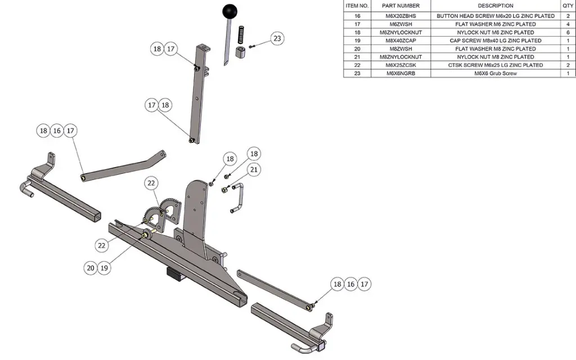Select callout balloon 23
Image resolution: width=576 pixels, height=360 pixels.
point(276,39)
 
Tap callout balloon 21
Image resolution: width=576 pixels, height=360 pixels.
point(254,169)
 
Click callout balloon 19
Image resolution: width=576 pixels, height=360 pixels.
point(104,268)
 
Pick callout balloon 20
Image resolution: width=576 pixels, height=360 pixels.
point(91,268)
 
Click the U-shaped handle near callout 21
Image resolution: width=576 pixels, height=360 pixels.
point(237,198)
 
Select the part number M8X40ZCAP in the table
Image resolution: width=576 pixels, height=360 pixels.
point(401,40)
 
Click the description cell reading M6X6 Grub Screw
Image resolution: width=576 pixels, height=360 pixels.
point(495,74)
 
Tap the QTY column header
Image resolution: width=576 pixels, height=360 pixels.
point(568,6)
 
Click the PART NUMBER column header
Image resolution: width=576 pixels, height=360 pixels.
point(401,6)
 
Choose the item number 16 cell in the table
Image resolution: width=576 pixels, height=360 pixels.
point(357,16)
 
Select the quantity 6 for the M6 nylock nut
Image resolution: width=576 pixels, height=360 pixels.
point(568,33)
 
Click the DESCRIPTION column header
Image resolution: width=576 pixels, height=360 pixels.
point(495,6)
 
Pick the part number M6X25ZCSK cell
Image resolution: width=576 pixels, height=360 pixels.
point(401,65)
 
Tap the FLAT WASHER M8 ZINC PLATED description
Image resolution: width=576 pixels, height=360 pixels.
point(495,49)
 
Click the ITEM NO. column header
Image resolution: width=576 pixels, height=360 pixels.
point(357,6)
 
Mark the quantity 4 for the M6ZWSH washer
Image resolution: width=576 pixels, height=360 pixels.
point(568,24)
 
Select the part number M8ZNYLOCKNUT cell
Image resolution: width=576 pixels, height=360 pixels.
point(401,57)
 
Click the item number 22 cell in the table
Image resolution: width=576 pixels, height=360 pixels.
point(357,65)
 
